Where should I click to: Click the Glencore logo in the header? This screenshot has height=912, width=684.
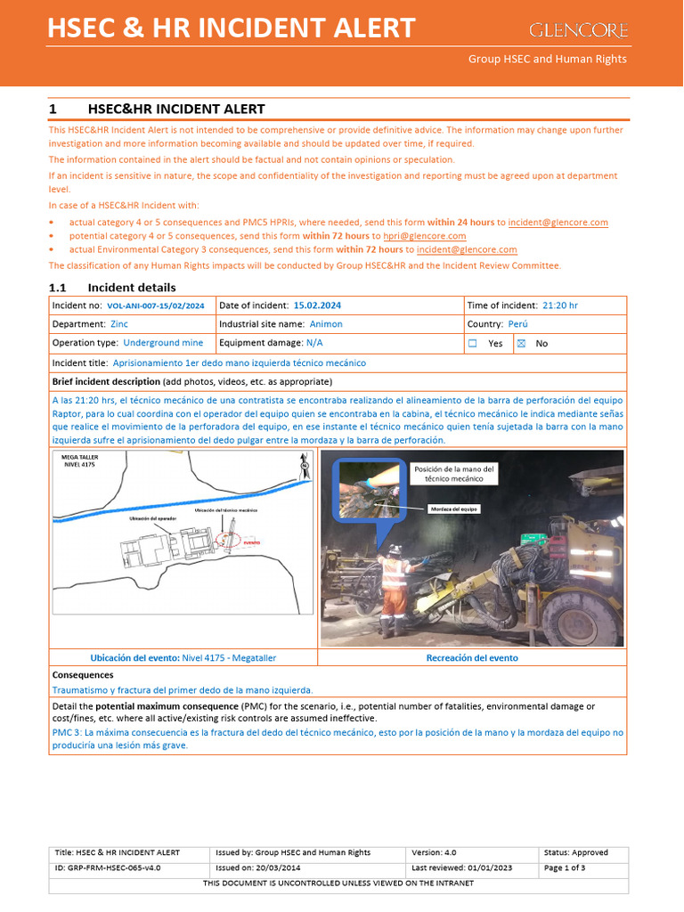click(x=579, y=30)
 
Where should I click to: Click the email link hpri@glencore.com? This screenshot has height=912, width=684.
click(x=425, y=236)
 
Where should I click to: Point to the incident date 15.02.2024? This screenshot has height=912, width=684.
click(x=317, y=305)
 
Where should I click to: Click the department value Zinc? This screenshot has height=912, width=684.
click(x=118, y=324)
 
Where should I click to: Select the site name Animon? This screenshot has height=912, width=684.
click(x=325, y=324)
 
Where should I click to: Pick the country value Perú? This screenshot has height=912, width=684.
click(x=518, y=324)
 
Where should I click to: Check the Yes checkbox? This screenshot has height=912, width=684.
click(x=473, y=343)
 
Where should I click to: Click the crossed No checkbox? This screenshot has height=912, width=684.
click(x=522, y=343)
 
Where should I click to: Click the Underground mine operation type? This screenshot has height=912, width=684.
click(x=163, y=343)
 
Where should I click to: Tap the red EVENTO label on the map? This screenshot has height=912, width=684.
click(x=252, y=541)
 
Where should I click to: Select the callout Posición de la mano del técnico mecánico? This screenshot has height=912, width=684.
click(x=454, y=474)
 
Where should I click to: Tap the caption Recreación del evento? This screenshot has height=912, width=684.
click(x=472, y=658)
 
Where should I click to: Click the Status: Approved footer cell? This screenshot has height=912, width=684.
click(x=576, y=852)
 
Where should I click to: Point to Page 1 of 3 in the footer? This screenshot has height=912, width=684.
click(x=565, y=867)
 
